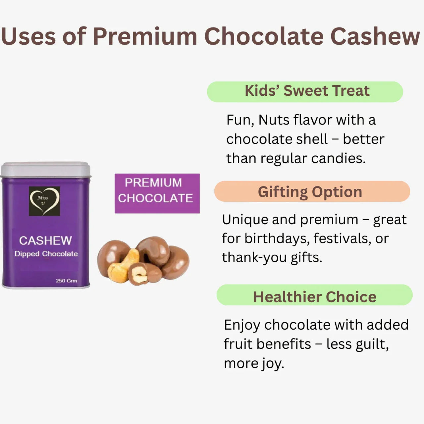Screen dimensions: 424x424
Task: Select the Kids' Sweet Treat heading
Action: pos(307,91)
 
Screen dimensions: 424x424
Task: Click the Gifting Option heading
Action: pos(310,192)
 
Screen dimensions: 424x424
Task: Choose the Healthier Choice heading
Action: pos(314,296)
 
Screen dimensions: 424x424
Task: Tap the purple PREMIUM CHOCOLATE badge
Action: pos(157,193)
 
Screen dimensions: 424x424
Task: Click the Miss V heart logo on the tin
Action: pos(44,201)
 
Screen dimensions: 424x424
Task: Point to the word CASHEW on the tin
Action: pos(45,240)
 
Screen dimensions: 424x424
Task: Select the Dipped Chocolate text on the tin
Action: pos(46,254)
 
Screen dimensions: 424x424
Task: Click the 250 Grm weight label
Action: pos(66,281)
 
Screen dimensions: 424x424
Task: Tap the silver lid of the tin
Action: pos(46,169)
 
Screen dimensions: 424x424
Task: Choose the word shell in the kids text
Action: pos(312,139)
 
